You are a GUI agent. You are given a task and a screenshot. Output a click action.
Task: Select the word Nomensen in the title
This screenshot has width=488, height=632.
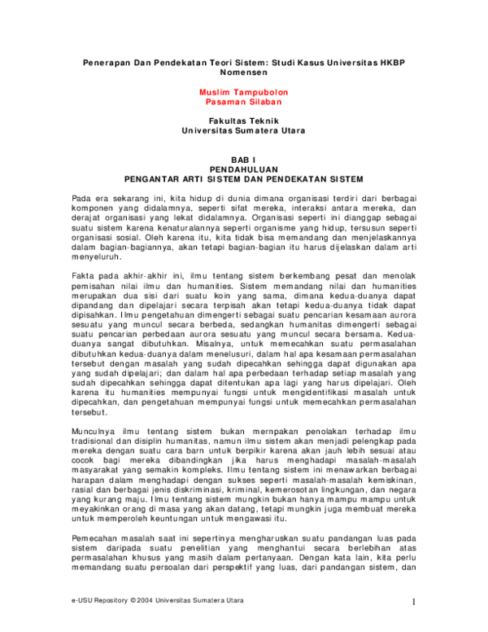[243, 73]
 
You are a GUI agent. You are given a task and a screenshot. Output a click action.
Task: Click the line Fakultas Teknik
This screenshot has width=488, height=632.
[243, 121]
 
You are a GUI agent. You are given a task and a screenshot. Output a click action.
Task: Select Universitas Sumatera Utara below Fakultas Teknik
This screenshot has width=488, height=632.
[243, 130]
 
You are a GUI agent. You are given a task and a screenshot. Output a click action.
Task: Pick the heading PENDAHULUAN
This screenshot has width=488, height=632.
[243, 169]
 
